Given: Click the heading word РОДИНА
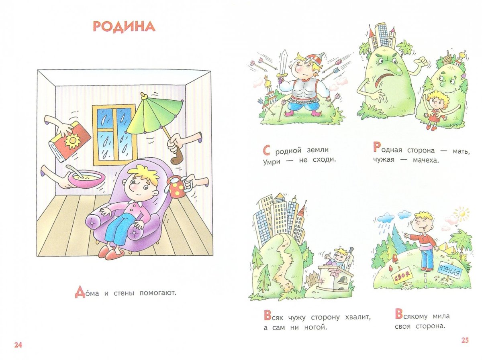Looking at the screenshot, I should (124, 26).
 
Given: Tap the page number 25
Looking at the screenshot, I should (465, 340).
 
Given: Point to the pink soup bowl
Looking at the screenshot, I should (86, 178).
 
